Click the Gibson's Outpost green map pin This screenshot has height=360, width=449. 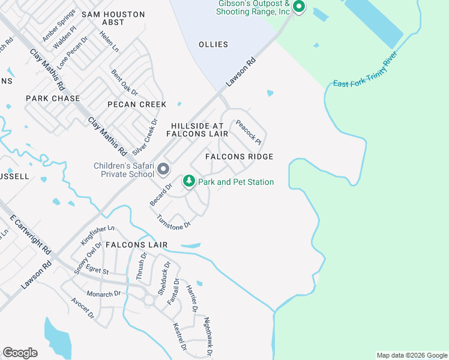298,7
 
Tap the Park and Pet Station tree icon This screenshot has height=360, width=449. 189,181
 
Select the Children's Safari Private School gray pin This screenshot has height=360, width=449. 163,170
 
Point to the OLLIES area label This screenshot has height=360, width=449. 213,44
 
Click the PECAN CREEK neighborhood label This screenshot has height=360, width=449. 137,104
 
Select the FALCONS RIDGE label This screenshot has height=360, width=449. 239,157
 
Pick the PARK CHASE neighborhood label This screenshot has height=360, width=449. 53,98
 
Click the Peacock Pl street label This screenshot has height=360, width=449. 248,133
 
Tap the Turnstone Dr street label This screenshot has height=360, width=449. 173,221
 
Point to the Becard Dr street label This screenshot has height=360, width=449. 161,194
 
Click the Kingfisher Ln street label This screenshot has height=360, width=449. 97,235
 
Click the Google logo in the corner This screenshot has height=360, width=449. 20,353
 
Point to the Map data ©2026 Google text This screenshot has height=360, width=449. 412,355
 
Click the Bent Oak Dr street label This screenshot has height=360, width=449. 125,83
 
